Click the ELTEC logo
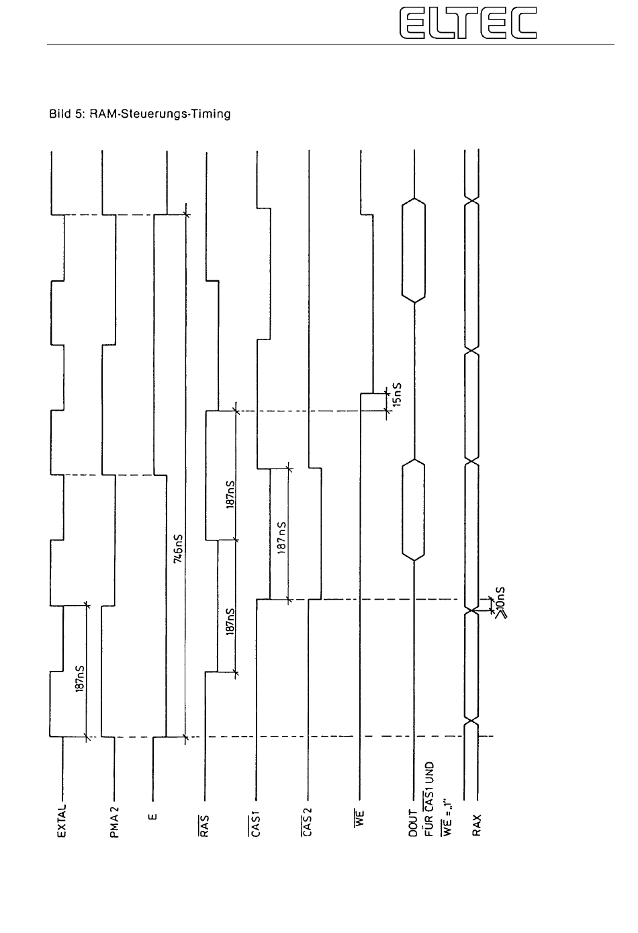click(468, 22)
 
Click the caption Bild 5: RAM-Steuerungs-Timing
click(140, 114)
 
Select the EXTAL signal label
click(63, 818)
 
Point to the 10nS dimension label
click(500, 602)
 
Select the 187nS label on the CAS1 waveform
click(282, 537)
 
